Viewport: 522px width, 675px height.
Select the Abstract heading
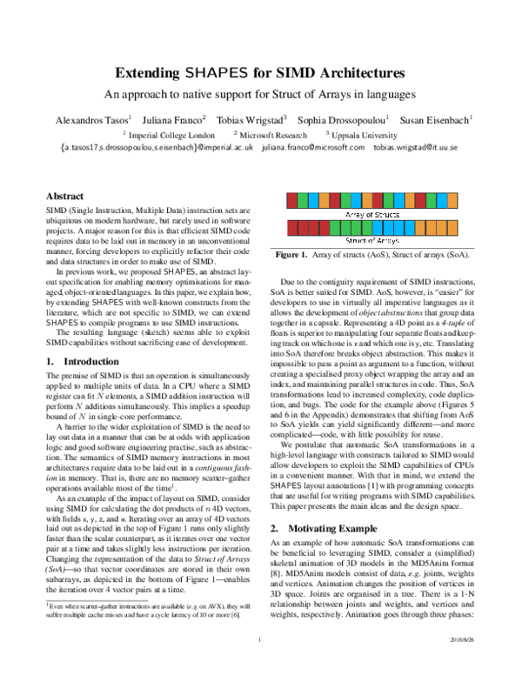[64, 197]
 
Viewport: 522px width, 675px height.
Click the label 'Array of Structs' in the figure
[371, 213]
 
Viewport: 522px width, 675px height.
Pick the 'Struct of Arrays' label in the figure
[371, 240]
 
